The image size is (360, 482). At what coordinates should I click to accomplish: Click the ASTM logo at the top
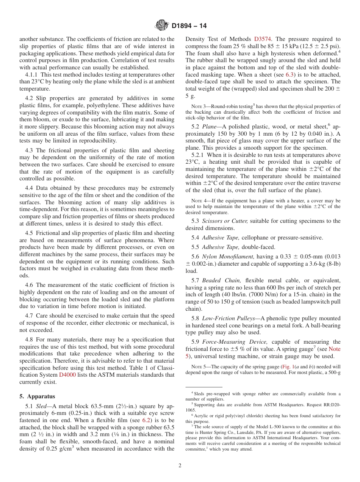pos(162,26)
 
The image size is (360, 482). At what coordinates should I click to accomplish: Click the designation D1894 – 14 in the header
pos(189,26)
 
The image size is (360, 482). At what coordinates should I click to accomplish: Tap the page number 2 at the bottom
pos(180,466)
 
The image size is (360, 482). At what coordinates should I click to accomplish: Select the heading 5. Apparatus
pos(37,396)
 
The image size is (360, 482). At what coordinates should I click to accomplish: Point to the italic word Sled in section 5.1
pos(41,406)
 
